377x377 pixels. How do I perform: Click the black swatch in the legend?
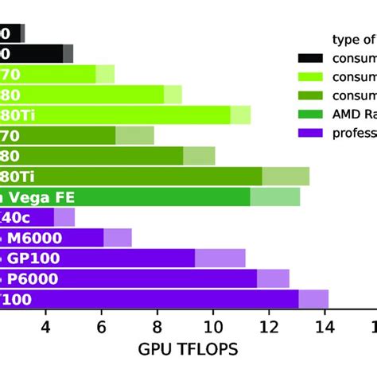pyautogui.click(x=310, y=57)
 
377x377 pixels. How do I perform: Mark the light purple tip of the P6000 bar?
pyautogui.click(x=273, y=278)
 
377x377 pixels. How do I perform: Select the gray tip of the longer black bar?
pyautogui.click(x=68, y=53)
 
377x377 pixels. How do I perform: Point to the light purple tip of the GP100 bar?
pyautogui.click(x=220, y=258)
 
